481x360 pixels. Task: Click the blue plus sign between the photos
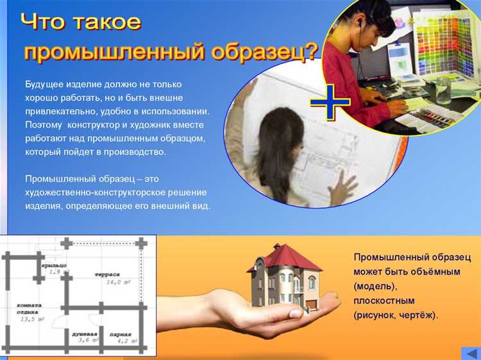point(330,102)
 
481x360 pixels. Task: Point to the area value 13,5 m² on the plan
point(31,318)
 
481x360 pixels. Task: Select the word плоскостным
point(384,300)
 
